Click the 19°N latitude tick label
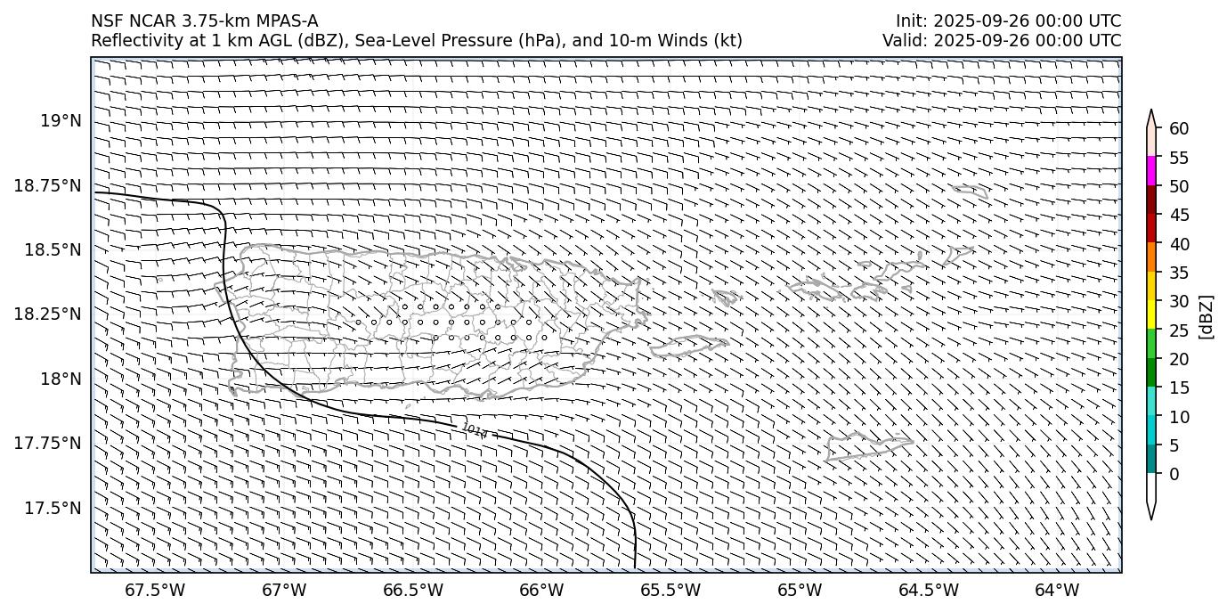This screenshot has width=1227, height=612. [61, 121]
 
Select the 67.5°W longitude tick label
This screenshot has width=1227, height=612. [155, 590]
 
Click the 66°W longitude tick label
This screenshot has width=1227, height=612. [541, 590]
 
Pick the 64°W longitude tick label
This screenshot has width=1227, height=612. [1057, 590]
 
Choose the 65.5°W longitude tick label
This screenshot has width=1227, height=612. [670, 590]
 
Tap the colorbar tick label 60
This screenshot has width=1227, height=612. [1179, 129]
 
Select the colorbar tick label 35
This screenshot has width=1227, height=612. [1179, 273]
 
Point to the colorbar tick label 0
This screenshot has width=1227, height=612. [1174, 474]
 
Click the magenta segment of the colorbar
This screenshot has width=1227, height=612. [1151, 171]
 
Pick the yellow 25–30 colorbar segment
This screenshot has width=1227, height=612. [1151, 314]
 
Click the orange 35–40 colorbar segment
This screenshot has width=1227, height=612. [1151, 257]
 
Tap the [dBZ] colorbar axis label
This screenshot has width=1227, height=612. [1207, 315]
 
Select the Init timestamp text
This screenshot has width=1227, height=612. [1008, 21]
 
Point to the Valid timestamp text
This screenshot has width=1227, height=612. [1002, 40]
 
